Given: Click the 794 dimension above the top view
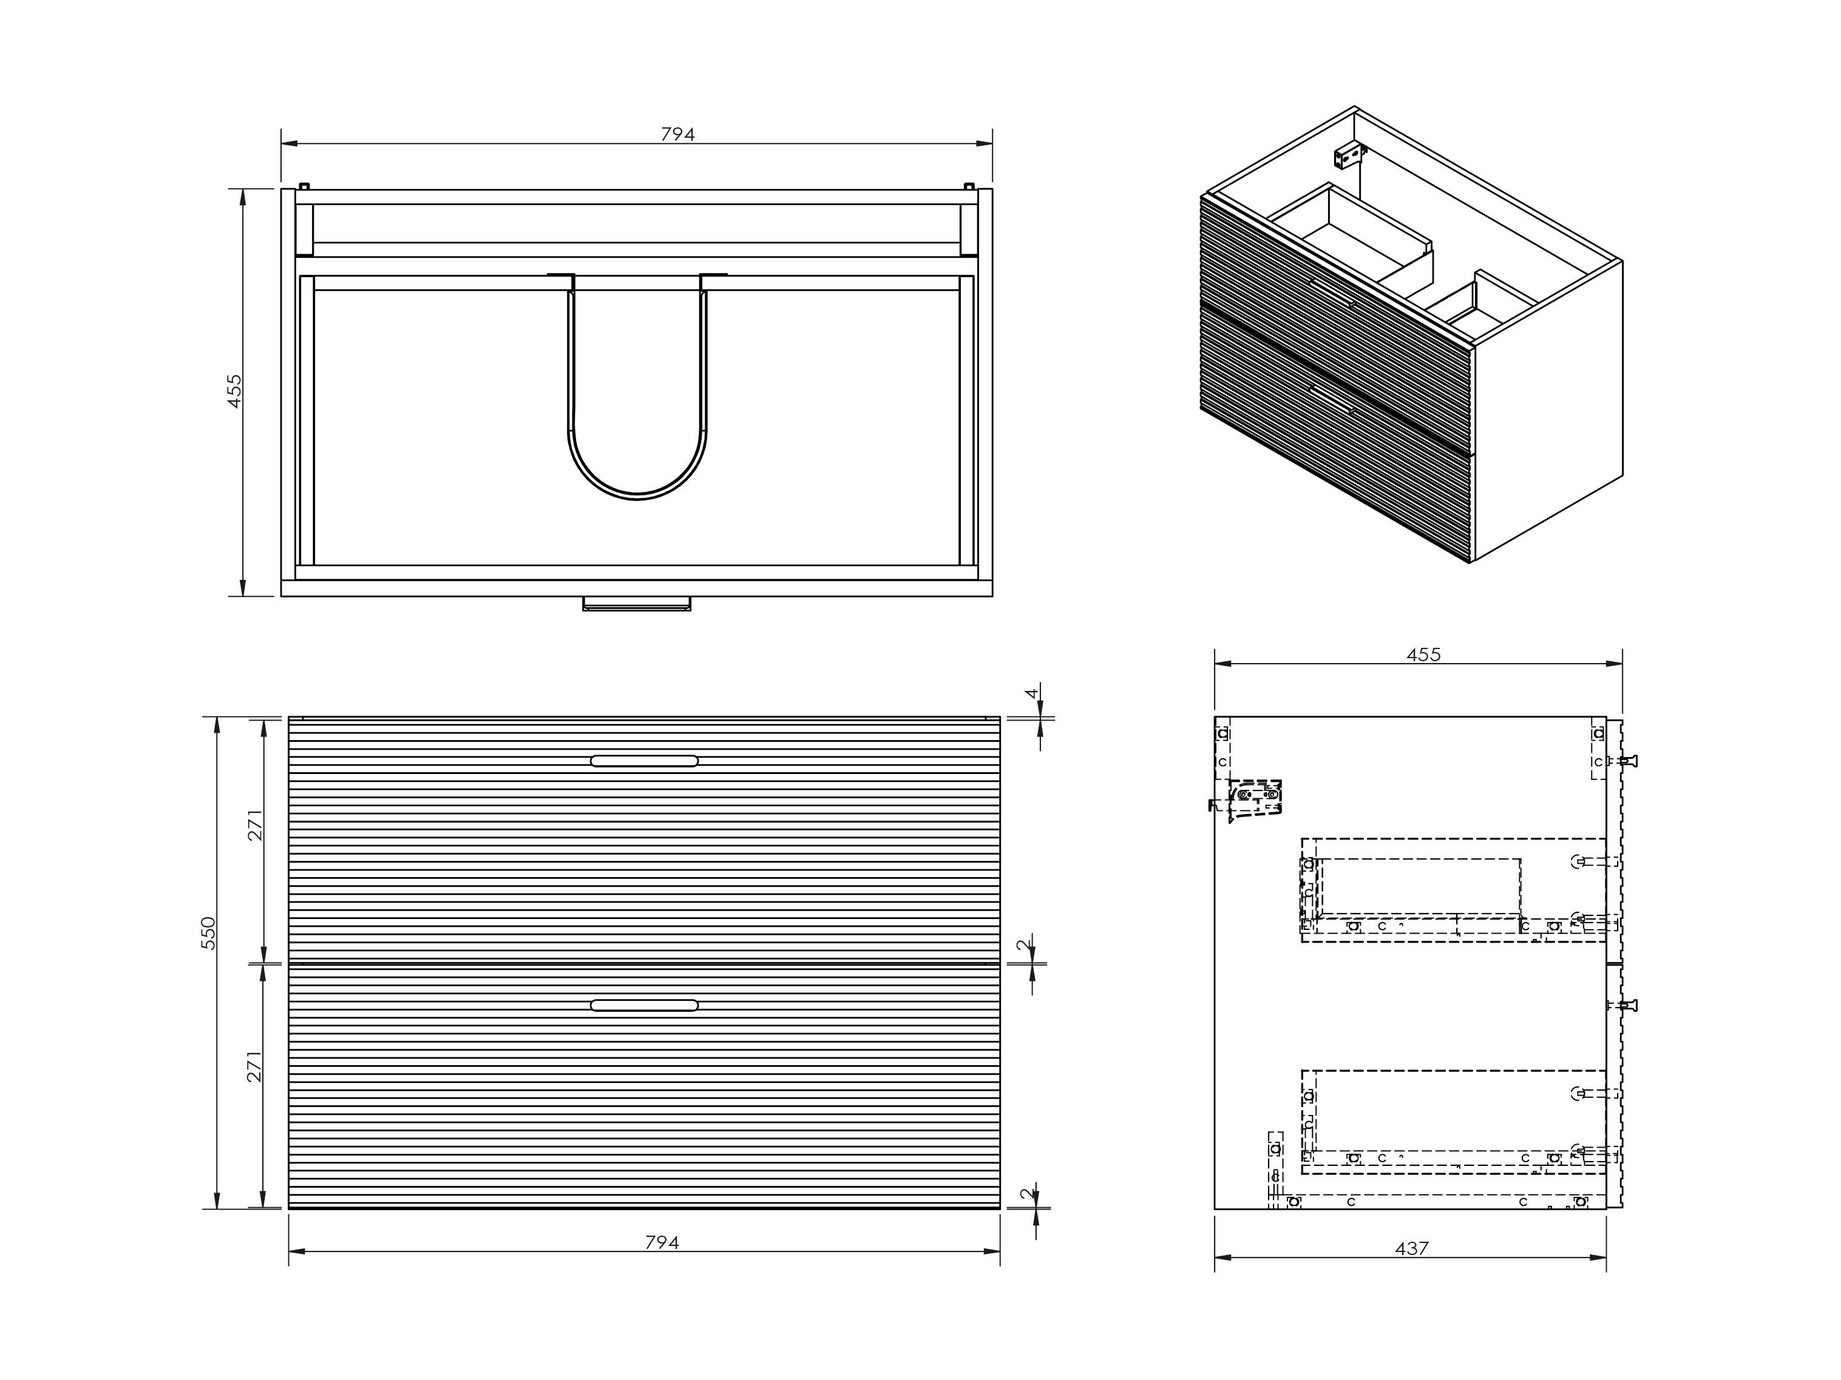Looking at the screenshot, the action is tap(677, 134).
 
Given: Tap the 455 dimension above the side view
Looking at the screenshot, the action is tap(1423, 655).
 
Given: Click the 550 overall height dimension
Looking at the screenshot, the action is tap(208, 934).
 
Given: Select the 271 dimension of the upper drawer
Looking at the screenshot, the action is tap(255, 825).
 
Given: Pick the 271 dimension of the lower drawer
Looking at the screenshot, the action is tap(255, 1066).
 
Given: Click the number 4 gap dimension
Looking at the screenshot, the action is tap(1032, 693).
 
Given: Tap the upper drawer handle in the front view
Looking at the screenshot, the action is tap(644, 760).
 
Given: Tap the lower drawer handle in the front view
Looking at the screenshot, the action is tap(644, 1005).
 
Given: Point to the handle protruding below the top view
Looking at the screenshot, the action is tap(637, 603).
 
